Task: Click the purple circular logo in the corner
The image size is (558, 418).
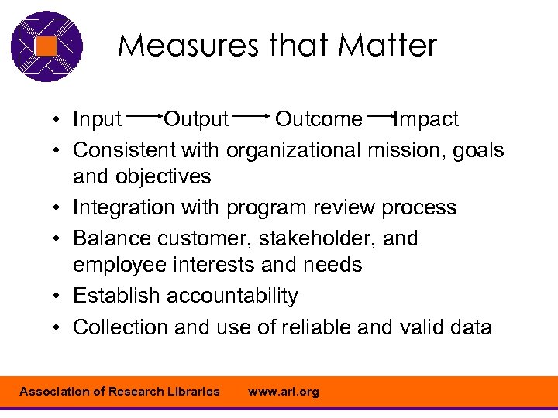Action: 46,46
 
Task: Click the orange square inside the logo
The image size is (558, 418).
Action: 47,46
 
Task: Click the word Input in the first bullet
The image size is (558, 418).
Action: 97,119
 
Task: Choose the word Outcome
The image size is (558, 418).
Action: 319,119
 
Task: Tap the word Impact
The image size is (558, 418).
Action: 426,119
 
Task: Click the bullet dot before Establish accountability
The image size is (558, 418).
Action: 58,296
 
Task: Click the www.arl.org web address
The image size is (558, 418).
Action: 283,392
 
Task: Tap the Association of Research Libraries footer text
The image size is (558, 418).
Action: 119,392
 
